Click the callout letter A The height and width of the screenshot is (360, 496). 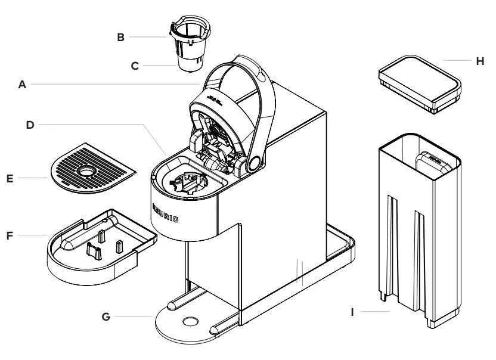click(23, 85)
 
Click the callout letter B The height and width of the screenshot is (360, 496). click(120, 37)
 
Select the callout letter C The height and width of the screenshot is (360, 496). click(135, 66)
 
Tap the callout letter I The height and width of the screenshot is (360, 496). click(354, 311)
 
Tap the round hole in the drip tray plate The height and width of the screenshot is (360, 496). click(89, 172)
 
